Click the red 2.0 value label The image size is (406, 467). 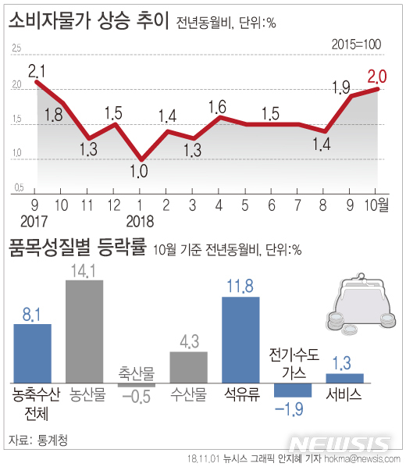379,76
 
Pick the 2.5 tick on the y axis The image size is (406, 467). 16,50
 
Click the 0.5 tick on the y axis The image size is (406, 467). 16,187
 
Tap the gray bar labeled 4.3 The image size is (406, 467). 189,368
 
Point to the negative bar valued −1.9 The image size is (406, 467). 293,390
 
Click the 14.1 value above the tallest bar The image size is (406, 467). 84,271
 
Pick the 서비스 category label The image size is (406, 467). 344,394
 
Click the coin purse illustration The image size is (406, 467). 354,306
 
